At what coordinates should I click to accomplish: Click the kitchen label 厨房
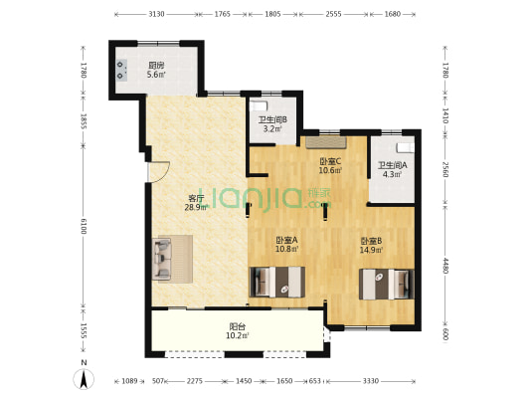[156, 65]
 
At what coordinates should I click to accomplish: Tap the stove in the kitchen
[121, 70]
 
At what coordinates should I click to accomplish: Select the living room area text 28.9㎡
[196, 208]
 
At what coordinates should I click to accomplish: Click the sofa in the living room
[161, 259]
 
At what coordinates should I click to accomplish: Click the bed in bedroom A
[277, 282]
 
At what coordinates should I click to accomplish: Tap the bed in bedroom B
[387, 284]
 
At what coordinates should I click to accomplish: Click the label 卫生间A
[392, 166]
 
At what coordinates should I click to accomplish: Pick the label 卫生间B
[272, 119]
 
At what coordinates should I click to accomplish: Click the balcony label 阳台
[238, 326]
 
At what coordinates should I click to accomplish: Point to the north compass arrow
[84, 379]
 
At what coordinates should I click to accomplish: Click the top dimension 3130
[156, 14]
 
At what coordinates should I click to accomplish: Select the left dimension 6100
[84, 226]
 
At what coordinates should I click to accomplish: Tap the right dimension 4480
[445, 266]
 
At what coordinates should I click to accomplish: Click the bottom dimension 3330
[371, 381]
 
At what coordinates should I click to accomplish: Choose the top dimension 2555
[333, 14]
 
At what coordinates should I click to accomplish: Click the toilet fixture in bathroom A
[405, 148]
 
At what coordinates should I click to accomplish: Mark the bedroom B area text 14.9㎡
[371, 250]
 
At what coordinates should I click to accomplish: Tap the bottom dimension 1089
[129, 381]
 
